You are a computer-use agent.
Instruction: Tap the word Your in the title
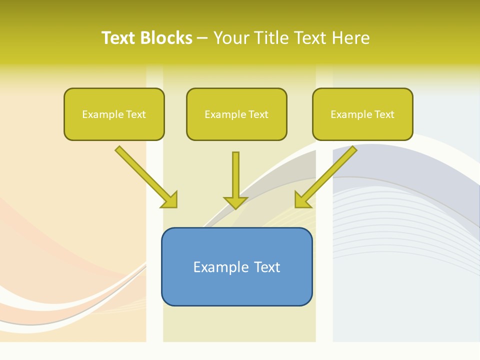pos(231,38)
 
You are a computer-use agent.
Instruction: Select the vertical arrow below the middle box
pos(235,175)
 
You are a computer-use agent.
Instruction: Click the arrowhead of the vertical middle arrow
pos(235,202)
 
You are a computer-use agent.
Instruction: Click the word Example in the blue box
pos(214,267)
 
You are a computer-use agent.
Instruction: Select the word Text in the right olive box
pos(384,114)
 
